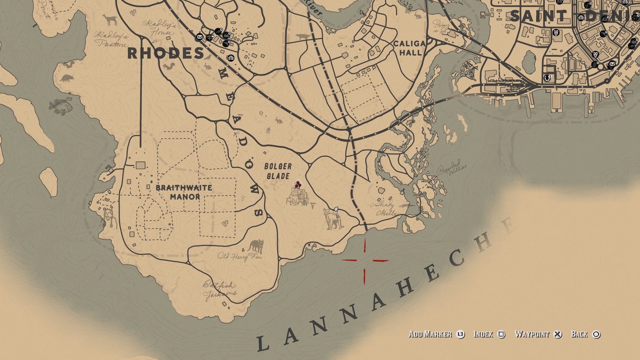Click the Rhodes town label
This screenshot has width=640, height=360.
166,53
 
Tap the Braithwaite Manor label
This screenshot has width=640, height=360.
184,192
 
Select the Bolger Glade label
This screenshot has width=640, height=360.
278,171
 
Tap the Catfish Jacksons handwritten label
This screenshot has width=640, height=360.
220,290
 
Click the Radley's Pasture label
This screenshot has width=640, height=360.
111,39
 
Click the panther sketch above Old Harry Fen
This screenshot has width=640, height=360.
256,247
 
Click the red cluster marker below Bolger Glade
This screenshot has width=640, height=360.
298,184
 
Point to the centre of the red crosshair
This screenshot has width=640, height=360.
365,260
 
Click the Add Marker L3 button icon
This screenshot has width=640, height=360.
460,334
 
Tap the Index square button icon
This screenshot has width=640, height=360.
501,334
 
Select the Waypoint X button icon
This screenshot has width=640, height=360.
557,334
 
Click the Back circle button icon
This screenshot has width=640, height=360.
596,334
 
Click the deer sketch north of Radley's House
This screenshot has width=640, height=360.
110,20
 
